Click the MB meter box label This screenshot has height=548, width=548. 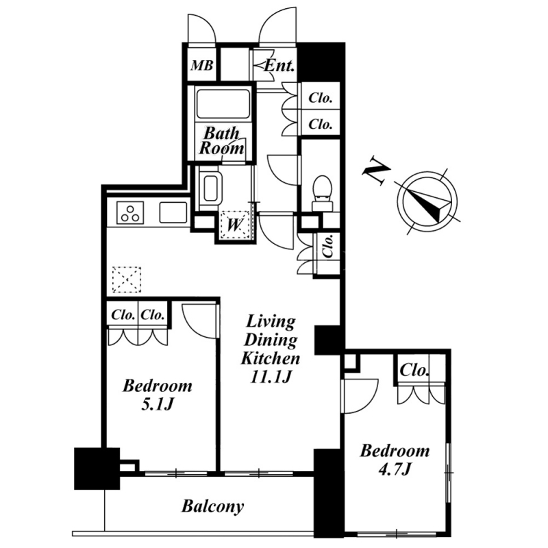coord(201,65)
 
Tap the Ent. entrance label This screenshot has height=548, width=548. coord(279,66)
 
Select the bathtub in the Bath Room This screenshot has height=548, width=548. coord(223,104)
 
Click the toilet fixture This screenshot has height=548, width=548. coord(322,193)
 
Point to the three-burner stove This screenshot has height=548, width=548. coord(130,213)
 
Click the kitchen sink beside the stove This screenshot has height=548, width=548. coord(173,212)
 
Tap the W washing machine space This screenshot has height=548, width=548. coord(234,225)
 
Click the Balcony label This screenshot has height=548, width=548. coord(212,506)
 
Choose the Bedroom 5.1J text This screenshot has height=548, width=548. coord(158,395)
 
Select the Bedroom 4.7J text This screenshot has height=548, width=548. coord(395,460)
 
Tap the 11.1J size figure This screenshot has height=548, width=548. coord(271,376)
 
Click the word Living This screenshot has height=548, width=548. coord(271,322)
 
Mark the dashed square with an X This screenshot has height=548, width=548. coord(127,279)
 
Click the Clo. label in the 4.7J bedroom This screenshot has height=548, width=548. coord(414,370)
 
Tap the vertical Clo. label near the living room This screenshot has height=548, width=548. coord(327,246)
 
